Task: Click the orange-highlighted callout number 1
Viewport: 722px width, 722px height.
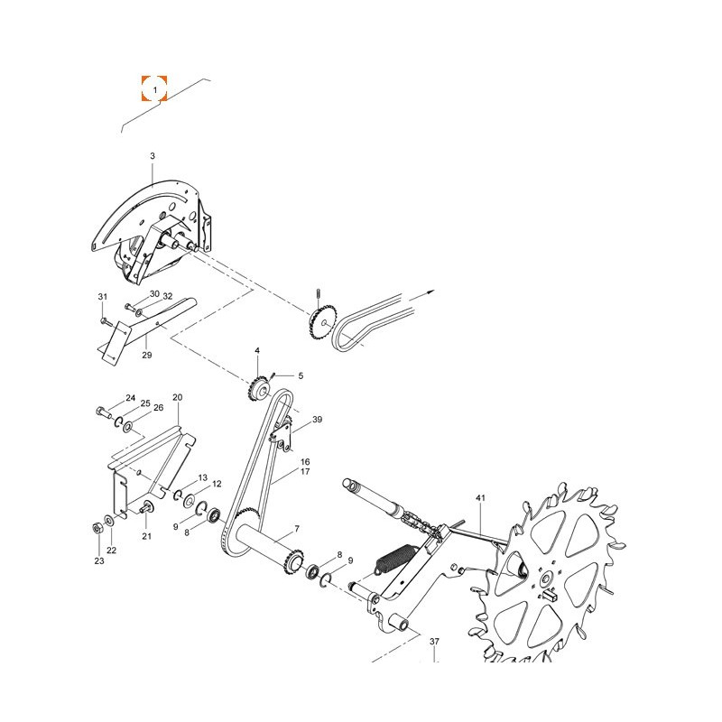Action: pos(154,88)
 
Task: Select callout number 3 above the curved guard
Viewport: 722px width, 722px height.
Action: pos(153,156)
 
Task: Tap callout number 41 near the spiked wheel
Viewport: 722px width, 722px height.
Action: pos(481,498)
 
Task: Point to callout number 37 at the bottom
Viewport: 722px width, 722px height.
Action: pos(434,641)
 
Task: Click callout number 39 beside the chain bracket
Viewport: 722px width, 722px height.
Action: pos(318,420)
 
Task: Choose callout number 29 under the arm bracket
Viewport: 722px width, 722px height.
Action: pos(147,355)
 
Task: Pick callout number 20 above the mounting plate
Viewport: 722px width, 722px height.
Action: pos(177,397)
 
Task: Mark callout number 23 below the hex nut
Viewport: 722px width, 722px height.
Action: pos(99,560)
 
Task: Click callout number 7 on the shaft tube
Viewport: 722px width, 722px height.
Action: pos(297,529)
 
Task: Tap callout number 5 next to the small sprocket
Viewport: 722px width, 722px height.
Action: pos(301,375)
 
